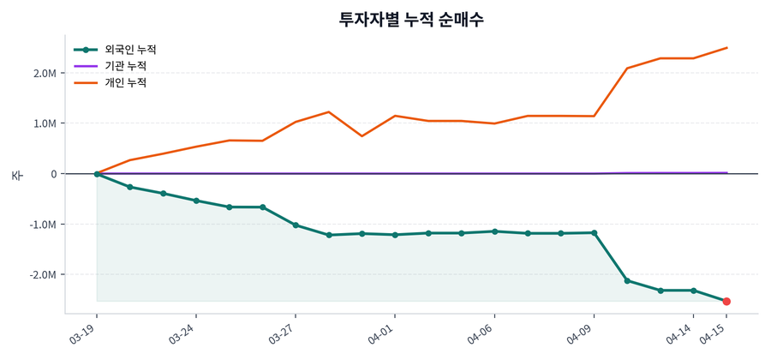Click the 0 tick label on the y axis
tap(53, 174)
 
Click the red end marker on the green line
tap(726, 302)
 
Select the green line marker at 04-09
tap(594, 232)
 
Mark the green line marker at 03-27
tap(296, 225)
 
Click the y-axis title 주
tap(16, 175)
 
